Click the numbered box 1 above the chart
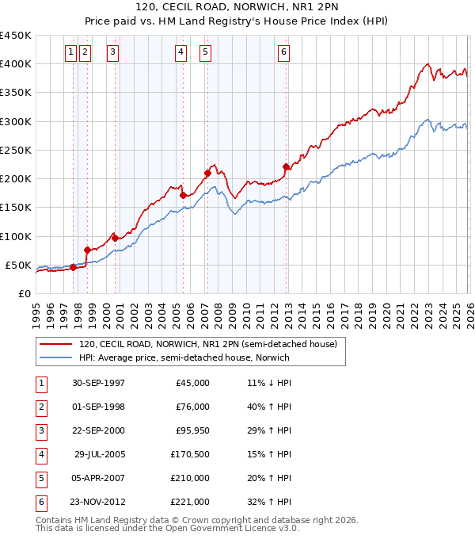[x=71, y=53]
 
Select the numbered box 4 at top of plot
[x=181, y=53]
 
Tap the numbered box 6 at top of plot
[x=283, y=53]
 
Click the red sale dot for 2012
[x=286, y=166]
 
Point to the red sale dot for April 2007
[x=207, y=173]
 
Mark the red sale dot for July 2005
[x=183, y=195]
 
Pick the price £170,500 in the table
[x=191, y=454]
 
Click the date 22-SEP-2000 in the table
[x=97, y=430]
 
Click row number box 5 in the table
[x=40, y=478]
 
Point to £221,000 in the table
[x=191, y=502]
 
